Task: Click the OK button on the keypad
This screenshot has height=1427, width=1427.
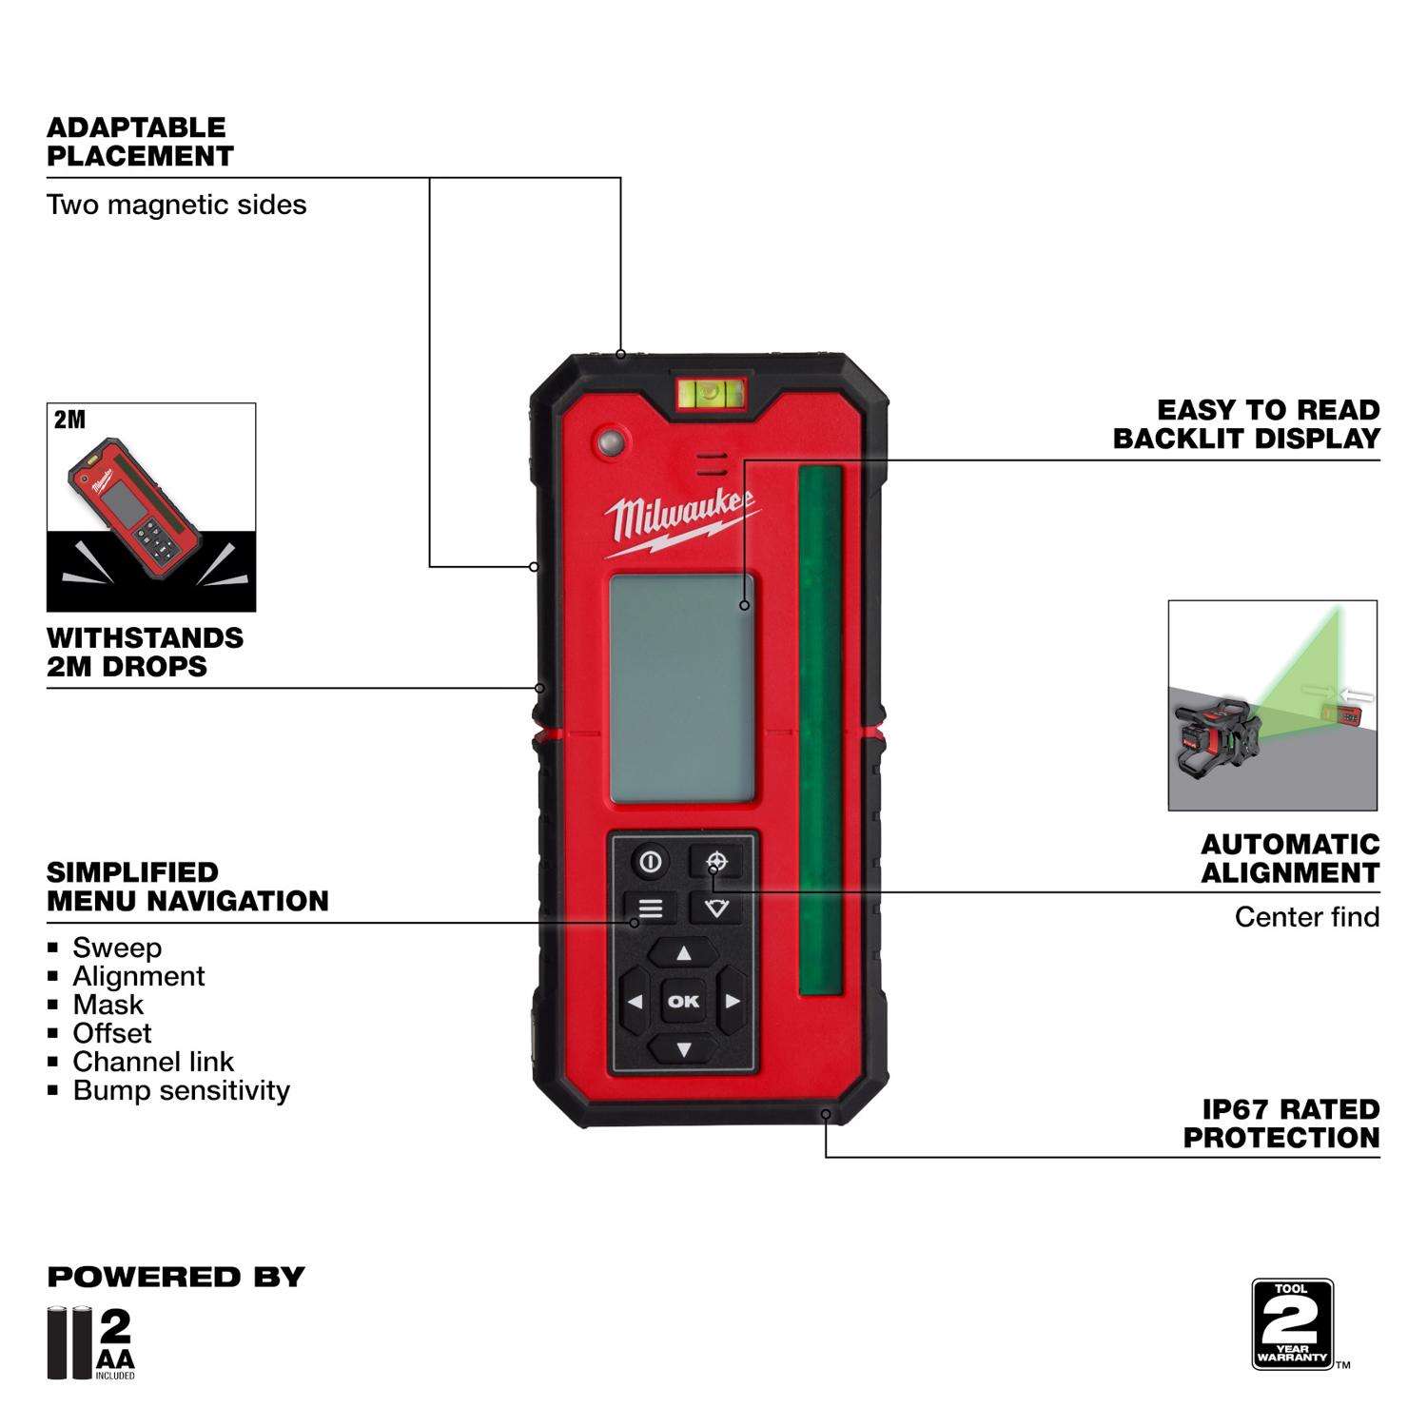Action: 683,1001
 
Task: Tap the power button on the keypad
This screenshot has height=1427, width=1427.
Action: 651,863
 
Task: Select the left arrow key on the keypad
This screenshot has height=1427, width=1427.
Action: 635,1002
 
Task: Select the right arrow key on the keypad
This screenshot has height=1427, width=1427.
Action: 732,1002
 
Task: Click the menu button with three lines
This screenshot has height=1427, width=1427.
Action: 651,909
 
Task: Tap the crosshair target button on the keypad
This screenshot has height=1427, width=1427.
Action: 717,862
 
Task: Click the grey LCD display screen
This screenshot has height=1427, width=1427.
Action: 682,688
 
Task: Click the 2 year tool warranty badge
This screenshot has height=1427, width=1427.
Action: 1292,1324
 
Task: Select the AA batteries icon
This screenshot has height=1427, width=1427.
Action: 91,1343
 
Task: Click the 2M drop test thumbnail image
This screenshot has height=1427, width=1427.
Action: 151,507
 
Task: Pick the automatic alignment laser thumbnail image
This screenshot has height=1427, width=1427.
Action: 1272,705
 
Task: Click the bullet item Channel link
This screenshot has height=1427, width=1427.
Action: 153,1062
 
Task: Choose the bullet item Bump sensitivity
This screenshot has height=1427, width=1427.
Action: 181,1090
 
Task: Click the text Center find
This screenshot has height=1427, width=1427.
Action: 1306,917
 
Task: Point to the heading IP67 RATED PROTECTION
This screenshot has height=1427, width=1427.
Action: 1280,1124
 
